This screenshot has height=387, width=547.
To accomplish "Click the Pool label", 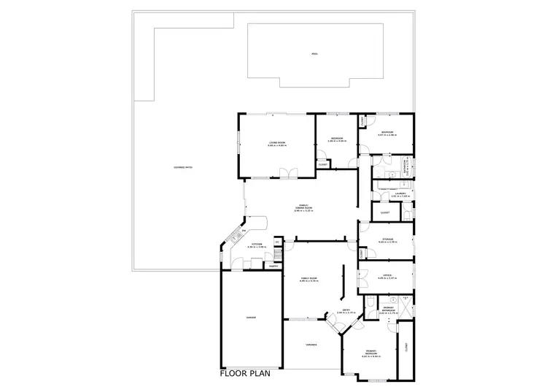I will point(314,55).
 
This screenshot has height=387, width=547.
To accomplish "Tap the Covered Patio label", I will point(183,167).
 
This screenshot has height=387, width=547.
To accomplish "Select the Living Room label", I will point(276,144).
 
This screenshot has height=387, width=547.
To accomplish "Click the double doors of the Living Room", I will point(290,173).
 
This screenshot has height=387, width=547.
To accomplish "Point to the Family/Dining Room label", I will point(303,207).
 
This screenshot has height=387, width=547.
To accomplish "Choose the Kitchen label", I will point(257,245).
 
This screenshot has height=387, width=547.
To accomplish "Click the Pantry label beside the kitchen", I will point(273,266).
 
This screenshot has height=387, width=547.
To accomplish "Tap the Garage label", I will point(250,318).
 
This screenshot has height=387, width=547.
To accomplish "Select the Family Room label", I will point(309,279).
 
